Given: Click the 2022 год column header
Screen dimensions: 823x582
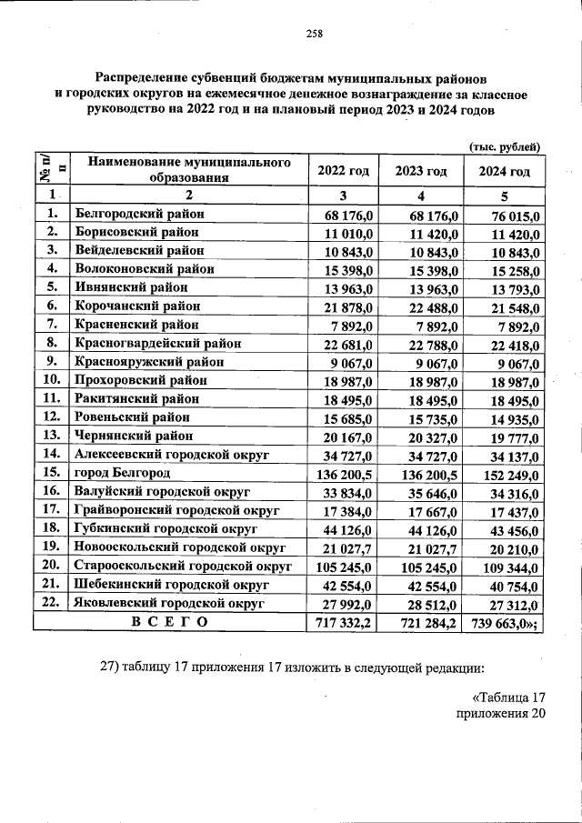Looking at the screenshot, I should pos(343,172).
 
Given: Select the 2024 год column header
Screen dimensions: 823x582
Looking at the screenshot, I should pos(504,172).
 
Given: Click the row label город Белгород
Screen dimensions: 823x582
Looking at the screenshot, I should pos(123,474).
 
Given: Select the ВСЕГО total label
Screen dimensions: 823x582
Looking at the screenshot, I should pos(169,622).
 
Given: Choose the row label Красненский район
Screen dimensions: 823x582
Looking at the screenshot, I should pos(136,325).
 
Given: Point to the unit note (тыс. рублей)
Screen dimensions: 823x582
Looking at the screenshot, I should pos(505,146).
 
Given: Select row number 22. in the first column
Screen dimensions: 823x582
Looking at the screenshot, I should pos(52,603).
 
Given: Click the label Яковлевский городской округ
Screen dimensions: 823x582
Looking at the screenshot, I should pos(169,603).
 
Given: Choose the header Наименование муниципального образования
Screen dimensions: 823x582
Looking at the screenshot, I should pos(189,169).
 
